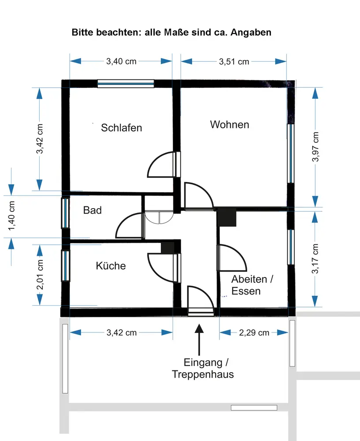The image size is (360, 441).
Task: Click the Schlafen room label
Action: coord(122,128)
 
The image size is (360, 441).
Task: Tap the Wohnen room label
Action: coord(229,125)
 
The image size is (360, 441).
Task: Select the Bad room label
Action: coord(93,210)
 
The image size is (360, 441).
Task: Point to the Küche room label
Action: coord(111,266)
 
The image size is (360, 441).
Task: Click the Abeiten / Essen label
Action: coord(252,285)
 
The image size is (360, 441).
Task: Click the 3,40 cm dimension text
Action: coord(121,61)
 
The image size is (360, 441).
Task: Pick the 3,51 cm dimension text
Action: coord(234,62)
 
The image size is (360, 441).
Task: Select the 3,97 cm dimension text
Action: coord(316,147)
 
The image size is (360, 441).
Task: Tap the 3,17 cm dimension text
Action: coord(315,259)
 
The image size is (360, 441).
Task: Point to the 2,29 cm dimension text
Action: coord(254,333)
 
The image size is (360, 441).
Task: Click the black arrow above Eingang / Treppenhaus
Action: coord(200,340)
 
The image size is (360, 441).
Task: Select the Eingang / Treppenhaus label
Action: coord(203,369)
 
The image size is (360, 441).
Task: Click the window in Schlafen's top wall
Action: coord(126,84)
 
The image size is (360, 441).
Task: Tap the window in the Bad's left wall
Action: coord(65,213)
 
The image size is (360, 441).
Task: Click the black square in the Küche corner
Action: coord(168,247)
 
